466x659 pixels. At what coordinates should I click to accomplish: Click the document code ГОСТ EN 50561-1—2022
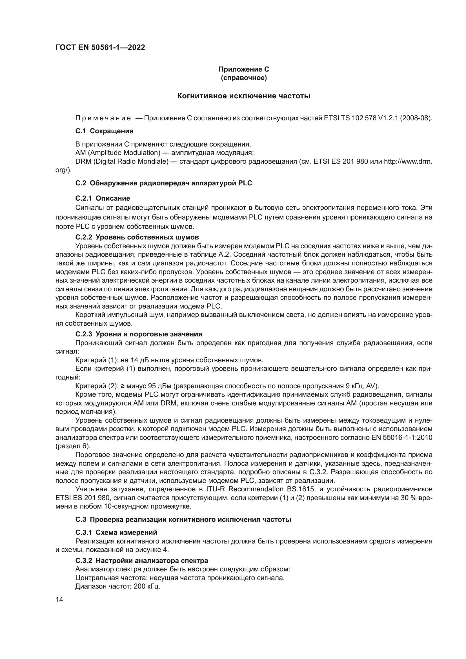pos(100,47)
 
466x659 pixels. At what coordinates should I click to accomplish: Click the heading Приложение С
pos(244,69)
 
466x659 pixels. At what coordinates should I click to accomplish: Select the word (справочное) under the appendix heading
pos(244,78)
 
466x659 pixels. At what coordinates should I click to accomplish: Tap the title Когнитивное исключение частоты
pos(244,96)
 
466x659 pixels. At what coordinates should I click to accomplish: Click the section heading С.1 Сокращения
pos(105,131)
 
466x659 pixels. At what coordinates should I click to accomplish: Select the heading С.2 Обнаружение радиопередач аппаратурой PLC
pos(164,183)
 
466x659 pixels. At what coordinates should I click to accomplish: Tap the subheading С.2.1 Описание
pos(103,198)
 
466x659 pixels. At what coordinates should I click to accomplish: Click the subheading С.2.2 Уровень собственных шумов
pos(137,237)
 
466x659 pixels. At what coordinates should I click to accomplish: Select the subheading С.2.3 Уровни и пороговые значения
pos(139,334)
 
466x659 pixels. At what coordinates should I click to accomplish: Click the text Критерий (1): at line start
pos(95,360)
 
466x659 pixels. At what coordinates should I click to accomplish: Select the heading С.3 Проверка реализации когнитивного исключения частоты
pos(183,520)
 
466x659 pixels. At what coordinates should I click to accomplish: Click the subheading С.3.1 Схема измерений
pos(116,532)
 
